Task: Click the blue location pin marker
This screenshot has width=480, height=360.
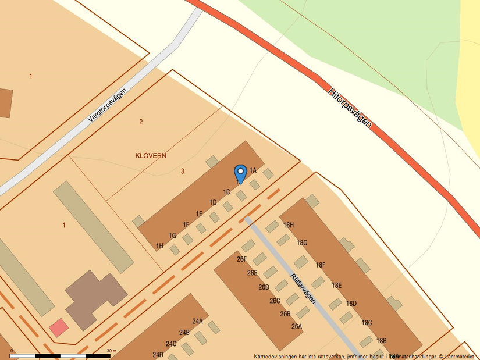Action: (x=240, y=173)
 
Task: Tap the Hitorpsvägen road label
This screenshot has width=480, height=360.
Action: (x=350, y=108)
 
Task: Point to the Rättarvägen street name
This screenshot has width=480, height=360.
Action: (x=303, y=288)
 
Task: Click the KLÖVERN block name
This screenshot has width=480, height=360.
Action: (x=151, y=156)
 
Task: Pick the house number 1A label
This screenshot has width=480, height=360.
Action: (x=253, y=170)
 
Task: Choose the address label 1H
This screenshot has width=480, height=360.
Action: (x=159, y=246)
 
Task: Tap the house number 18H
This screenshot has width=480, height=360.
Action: (x=288, y=225)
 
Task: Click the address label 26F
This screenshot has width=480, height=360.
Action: (x=242, y=259)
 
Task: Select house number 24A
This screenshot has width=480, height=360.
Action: (x=197, y=321)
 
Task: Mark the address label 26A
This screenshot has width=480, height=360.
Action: (x=297, y=326)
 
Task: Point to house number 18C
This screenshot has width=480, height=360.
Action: (x=367, y=323)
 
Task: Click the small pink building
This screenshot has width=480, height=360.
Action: (x=58, y=327)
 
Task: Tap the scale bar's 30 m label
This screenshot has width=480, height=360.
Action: (x=111, y=351)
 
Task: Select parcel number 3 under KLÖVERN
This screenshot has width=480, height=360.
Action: (x=183, y=171)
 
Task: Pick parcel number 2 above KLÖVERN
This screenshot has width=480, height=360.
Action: (x=141, y=122)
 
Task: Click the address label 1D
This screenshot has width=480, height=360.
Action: (x=213, y=202)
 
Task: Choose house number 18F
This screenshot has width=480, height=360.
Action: (x=321, y=265)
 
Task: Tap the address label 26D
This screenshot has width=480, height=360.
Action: (x=264, y=287)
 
